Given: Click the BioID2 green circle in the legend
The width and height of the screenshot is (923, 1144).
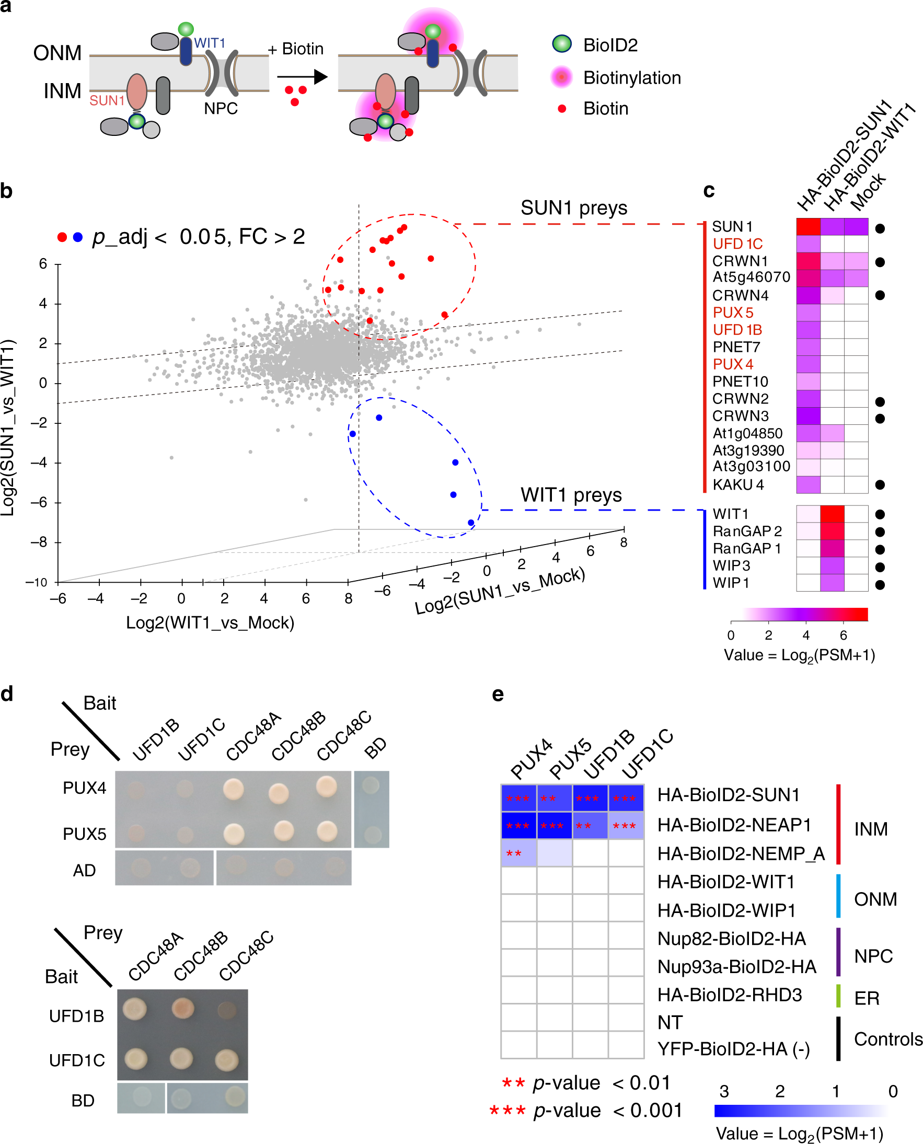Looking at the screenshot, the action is (x=561, y=44).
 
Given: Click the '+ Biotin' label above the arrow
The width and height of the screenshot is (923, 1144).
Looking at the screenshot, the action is (x=296, y=49).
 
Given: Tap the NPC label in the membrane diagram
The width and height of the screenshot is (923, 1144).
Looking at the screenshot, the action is (x=221, y=109).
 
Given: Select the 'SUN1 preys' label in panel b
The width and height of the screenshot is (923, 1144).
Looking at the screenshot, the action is (x=574, y=207).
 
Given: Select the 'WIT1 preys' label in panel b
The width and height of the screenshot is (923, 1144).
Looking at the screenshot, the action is (x=571, y=495).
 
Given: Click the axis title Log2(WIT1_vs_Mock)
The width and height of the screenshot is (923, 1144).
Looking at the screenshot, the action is (x=210, y=622).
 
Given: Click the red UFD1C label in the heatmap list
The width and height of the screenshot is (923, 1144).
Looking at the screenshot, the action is (x=737, y=244).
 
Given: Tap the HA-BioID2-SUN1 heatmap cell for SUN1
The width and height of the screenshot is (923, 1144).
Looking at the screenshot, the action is (x=808, y=227).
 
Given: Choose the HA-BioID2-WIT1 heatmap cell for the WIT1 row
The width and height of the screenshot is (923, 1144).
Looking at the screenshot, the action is (x=832, y=514).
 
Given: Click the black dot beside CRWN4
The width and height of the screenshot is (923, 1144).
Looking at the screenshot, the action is (x=880, y=295).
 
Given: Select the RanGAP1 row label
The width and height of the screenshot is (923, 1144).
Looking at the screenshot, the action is (x=746, y=549).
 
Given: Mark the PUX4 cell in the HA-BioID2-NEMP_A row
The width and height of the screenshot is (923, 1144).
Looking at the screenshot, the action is (x=518, y=853).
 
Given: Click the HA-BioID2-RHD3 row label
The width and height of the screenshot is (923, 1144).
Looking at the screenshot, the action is (x=730, y=995).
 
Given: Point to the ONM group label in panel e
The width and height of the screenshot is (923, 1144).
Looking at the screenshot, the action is (x=875, y=899).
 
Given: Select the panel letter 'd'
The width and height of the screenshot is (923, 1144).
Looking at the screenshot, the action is (x=7, y=694).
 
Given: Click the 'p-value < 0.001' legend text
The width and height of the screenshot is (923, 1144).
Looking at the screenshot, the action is (x=607, y=1111).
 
